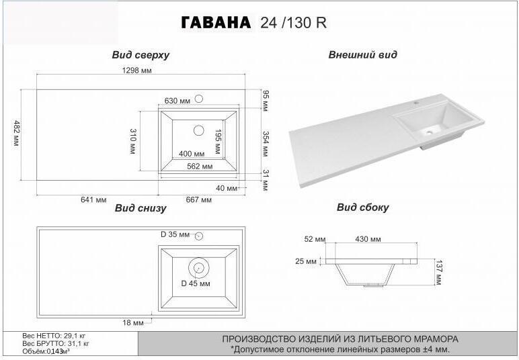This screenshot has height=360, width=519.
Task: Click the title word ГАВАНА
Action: (x=216, y=22)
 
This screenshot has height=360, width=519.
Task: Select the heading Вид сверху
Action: (x=141, y=55)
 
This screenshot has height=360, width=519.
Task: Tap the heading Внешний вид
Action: (x=362, y=54)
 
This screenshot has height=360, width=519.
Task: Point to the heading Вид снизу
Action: (x=141, y=208)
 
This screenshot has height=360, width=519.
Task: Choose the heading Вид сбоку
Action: (x=363, y=208)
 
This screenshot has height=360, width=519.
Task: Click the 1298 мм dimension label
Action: (x=136, y=71)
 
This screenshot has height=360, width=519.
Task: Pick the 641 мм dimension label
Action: (x=93, y=199)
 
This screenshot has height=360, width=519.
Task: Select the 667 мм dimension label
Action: (x=198, y=199)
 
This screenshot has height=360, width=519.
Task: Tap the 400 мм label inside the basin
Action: (x=192, y=154)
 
